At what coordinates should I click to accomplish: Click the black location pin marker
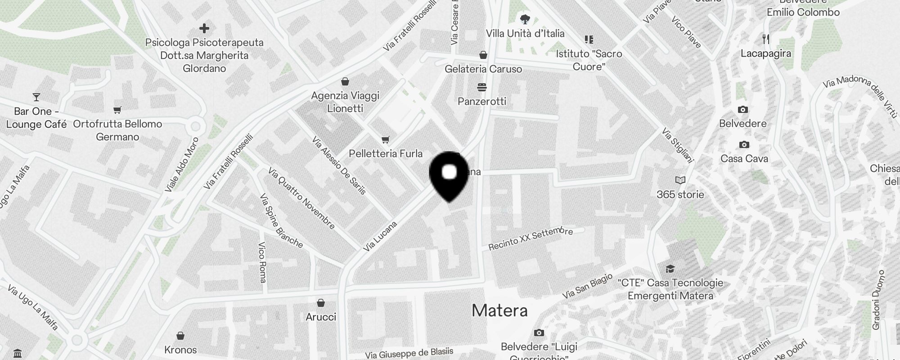click(449, 175)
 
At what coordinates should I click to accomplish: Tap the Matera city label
click(499, 310)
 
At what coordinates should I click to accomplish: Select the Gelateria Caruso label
click(483, 69)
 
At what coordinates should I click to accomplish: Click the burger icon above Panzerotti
click(482, 86)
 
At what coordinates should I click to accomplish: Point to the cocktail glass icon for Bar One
click(36, 97)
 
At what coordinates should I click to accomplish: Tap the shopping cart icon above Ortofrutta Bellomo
click(117, 110)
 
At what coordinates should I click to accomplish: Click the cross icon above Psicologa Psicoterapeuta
click(204, 28)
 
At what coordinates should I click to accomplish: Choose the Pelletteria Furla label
click(386, 153)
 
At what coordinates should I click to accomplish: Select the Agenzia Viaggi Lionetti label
click(345, 102)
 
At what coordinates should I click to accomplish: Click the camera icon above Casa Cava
click(744, 144)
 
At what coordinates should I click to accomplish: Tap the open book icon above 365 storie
click(680, 180)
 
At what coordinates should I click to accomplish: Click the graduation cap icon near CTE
click(670, 269)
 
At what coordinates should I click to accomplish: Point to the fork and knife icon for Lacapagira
click(766, 39)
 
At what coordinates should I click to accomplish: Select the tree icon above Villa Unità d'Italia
click(525, 19)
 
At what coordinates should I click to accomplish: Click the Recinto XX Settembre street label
click(531, 238)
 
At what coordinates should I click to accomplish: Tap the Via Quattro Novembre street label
click(301, 198)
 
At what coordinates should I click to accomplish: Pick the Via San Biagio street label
click(587, 286)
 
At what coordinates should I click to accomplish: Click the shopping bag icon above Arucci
click(321, 302)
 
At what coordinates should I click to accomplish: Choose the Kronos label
click(180, 350)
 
